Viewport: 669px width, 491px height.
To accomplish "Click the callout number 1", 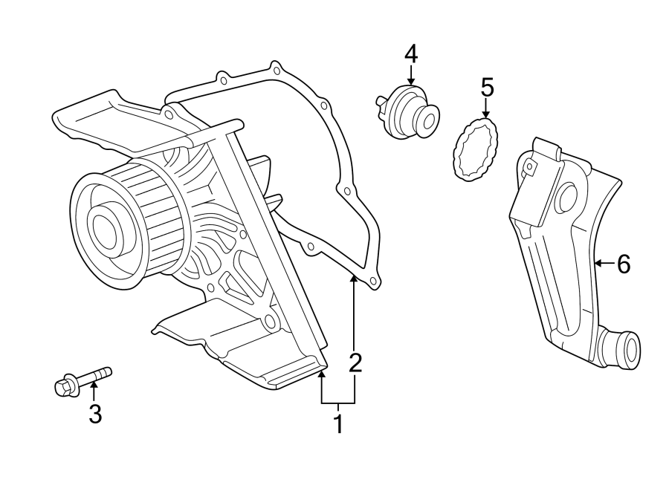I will [x=338, y=425].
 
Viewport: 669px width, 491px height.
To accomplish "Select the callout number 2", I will [x=355, y=362].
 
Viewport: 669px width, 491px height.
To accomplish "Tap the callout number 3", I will [x=94, y=414].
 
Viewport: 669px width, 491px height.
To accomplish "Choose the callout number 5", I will [x=487, y=87].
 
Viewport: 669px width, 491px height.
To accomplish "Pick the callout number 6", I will [x=623, y=263].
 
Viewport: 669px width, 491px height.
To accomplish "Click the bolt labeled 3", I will [x=83, y=380].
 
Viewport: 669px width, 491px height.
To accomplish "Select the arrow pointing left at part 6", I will [x=603, y=262].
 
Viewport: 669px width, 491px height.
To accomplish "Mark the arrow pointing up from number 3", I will [x=94, y=390].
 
